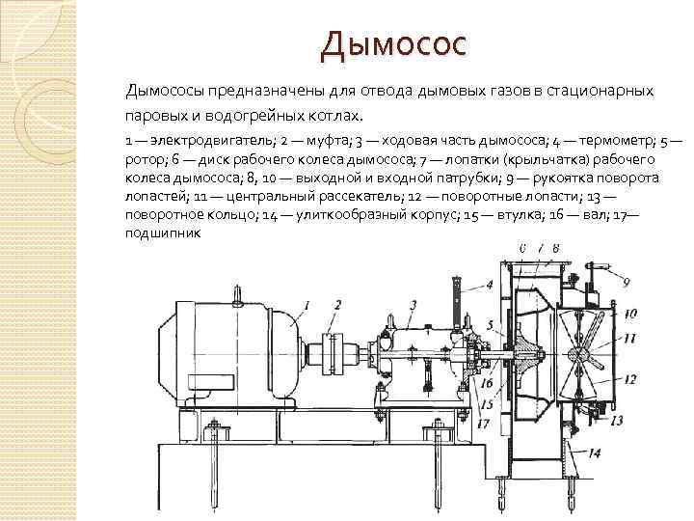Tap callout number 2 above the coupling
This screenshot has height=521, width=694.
click(x=336, y=306)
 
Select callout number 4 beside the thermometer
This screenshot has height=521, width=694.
click(x=489, y=285)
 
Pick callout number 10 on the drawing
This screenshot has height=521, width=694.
click(x=629, y=314)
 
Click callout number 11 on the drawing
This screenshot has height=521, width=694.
click(x=629, y=338)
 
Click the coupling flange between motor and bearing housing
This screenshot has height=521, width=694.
click(x=333, y=351)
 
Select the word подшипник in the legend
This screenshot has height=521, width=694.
click(x=163, y=233)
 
